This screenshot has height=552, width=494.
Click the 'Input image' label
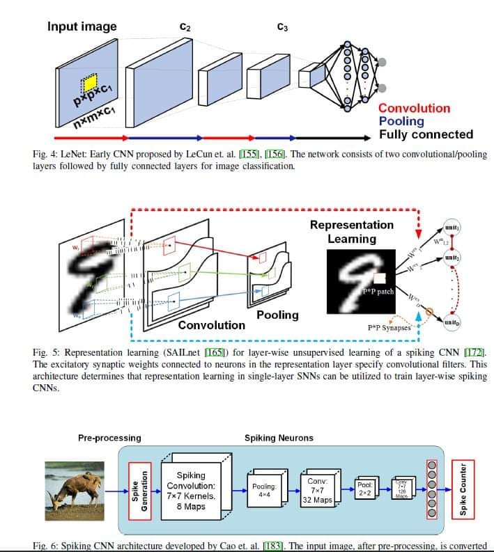click(82, 27)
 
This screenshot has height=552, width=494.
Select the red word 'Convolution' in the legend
click(414, 108)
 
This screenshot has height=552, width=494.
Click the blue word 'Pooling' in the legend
click(401, 121)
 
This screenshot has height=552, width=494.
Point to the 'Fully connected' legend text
click(426, 134)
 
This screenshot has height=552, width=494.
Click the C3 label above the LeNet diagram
click(282, 28)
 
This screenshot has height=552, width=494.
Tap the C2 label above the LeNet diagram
click(185, 27)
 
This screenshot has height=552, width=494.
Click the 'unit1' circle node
click(452, 227)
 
